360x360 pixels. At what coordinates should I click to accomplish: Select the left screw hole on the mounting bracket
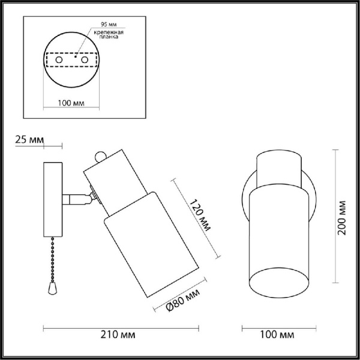(x=58, y=61)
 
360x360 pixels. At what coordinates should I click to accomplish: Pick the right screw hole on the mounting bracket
(x=85, y=61)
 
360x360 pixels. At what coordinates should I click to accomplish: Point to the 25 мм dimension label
(x=28, y=140)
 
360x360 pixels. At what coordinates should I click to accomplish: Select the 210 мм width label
(x=118, y=334)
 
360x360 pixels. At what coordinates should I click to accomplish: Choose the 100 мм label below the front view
(x=280, y=334)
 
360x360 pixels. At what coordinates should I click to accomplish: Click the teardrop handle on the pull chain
(x=52, y=289)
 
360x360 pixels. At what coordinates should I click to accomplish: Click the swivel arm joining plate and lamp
(x=77, y=198)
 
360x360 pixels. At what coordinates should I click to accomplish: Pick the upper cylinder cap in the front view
(x=279, y=168)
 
